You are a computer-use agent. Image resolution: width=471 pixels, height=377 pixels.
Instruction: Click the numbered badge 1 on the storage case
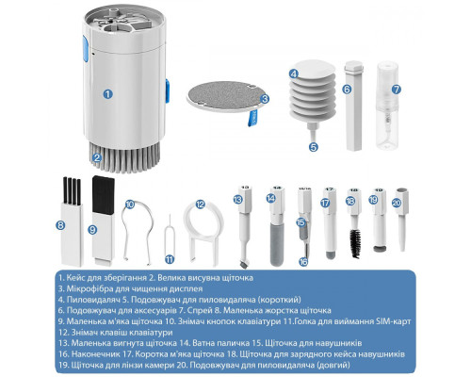107,93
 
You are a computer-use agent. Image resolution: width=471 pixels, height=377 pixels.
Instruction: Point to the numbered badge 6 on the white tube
347,90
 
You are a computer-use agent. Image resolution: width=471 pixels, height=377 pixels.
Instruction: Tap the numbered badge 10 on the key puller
129,205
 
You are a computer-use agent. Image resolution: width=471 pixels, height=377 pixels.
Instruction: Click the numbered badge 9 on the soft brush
92,228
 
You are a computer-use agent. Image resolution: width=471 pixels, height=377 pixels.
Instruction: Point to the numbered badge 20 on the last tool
397,201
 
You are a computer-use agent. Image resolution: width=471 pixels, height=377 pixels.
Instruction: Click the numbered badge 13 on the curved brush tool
239,200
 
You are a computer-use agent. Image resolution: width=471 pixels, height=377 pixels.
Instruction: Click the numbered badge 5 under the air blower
313,146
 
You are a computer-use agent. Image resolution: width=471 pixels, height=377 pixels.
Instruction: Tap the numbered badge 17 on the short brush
326,202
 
